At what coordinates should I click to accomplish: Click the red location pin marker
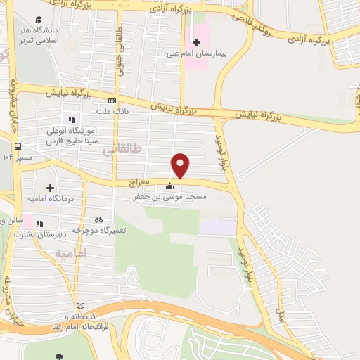[181, 164]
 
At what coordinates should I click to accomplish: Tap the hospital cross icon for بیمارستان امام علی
[196, 42]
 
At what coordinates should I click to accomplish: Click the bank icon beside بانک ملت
[112, 101]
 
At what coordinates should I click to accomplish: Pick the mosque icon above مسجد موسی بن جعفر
[169, 186]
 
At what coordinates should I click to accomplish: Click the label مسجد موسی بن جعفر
[172, 198]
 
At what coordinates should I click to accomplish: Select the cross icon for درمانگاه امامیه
[50, 188]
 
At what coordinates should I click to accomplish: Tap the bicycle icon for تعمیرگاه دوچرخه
[98, 219]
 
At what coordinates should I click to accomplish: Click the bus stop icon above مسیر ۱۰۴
[16, 147]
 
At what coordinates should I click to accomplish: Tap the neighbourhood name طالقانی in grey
[122, 149]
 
